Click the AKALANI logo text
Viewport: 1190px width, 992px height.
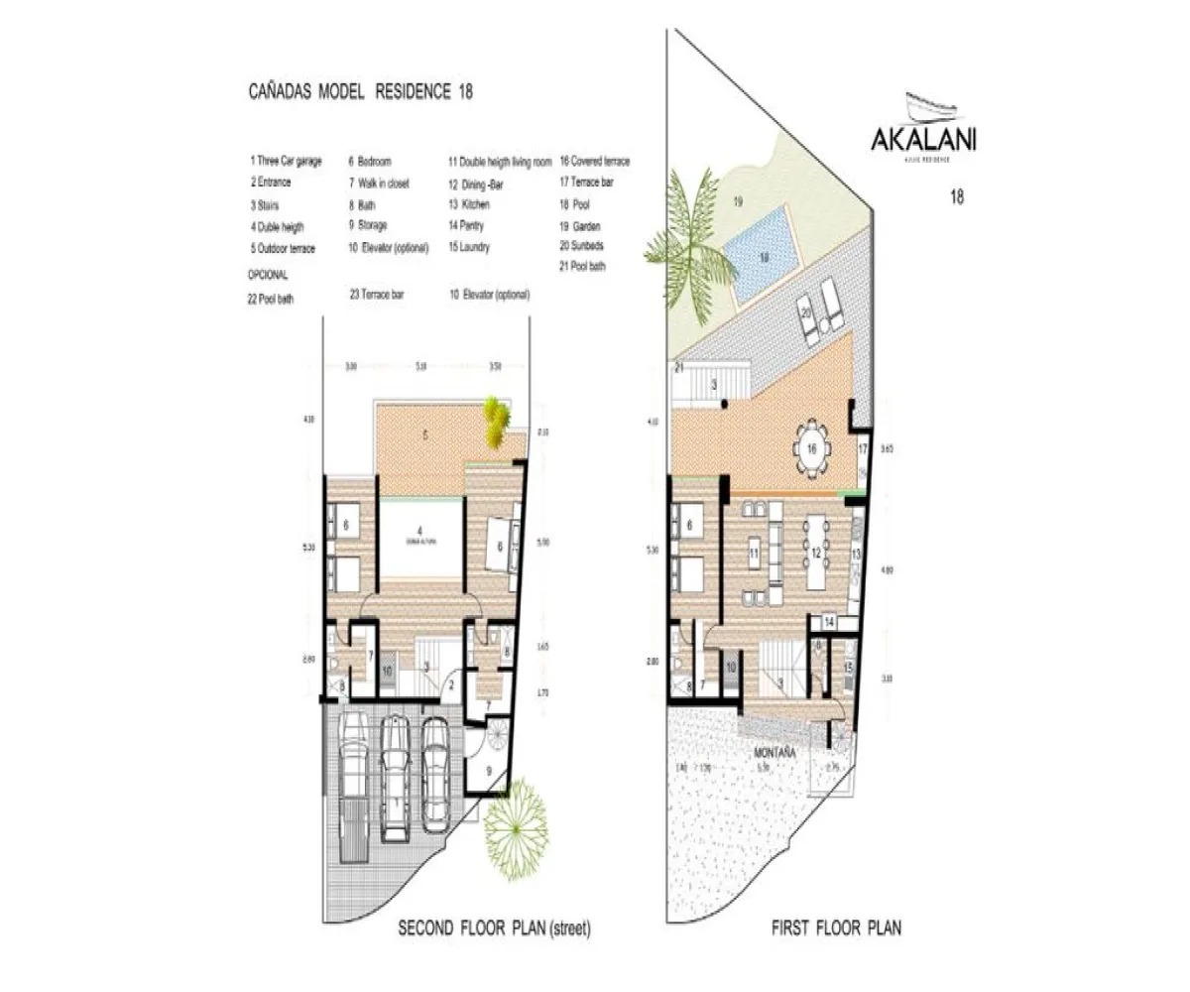pyautogui.click(x=922, y=139)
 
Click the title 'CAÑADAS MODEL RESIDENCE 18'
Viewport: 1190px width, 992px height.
pyautogui.click(x=360, y=92)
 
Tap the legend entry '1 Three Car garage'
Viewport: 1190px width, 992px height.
pyautogui.click(x=286, y=162)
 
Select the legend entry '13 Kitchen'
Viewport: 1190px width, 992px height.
pyautogui.click(x=469, y=204)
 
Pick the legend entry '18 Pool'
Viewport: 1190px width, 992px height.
pyautogui.click(x=576, y=203)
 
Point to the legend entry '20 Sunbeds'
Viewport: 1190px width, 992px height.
pyautogui.click(x=582, y=245)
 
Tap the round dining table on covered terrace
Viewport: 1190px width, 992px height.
pyautogui.click(x=811, y=449)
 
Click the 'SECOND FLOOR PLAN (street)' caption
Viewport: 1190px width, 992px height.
pyautogui.click(x=494, y=930)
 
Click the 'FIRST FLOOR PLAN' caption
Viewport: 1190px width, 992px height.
pyautogui.click(x=836, y=930)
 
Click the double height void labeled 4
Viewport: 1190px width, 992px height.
pyautogui.click(x=419, y=541)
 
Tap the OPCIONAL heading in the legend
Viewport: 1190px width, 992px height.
pyautogui.click(x=268, y=275)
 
